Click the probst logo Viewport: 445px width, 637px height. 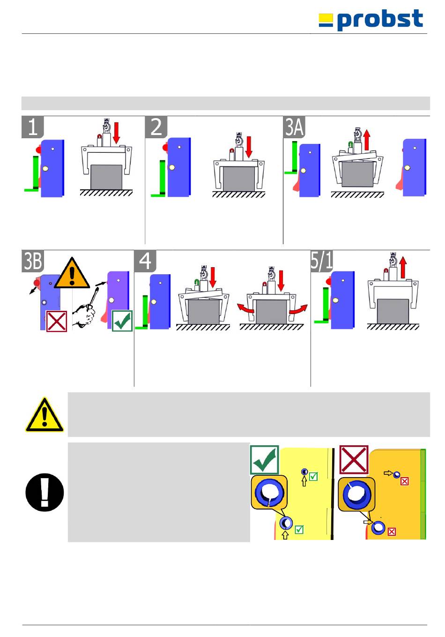coord(371,20)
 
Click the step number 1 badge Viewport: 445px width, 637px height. coord(33,127)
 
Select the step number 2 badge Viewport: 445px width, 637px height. coord(156,127)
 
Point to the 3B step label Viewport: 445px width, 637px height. coord(33,261)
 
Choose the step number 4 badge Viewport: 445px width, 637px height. coord(145,261)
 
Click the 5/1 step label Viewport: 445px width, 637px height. coord(322,261)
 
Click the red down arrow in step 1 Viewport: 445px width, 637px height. coord(117,133)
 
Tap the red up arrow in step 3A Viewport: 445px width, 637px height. coord(367,140)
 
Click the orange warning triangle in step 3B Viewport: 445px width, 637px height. coord(72,274)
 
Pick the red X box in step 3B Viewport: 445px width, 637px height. coord(57,321)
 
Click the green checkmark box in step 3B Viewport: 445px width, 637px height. coord(122,321)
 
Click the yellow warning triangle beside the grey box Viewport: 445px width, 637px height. coord(44,415)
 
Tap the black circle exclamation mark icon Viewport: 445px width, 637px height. coord(44,492)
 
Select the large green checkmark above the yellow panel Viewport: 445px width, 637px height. coord(265,460)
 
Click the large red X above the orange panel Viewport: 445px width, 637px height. coord(354,459)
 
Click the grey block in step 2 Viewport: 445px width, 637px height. coord(238,179)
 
